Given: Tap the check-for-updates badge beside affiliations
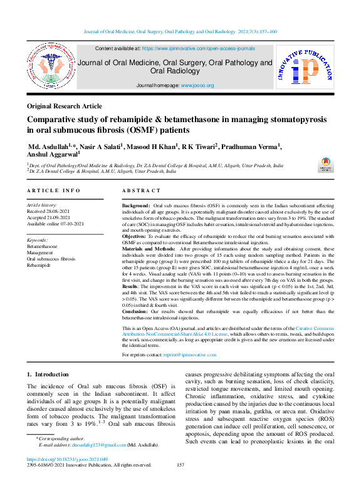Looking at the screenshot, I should point(325,165).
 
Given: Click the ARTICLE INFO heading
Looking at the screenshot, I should point(53,190).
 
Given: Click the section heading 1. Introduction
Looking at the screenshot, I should point(48,374).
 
